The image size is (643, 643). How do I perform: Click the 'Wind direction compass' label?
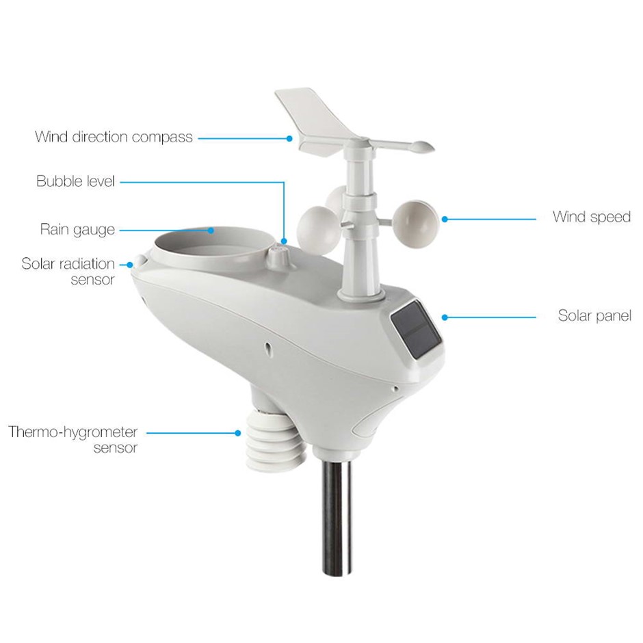[x=114, y=137]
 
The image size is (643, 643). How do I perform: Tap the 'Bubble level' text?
[x=75, y=181]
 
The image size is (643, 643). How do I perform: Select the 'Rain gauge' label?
[x=77, y=230]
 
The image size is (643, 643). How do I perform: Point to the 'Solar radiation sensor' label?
[x=68, y=271]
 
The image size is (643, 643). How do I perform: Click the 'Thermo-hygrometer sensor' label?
[x=73, y=439]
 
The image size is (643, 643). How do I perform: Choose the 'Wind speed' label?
[x=591, y=217]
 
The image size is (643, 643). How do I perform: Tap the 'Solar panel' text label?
[x=594, y=315]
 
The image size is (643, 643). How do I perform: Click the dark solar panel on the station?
[x=416, y=330]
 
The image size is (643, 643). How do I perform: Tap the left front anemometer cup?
[x=319, y=228]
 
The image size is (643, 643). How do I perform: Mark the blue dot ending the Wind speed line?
[x=445, y=220]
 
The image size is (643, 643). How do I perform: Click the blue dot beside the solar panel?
[x=445, y=317]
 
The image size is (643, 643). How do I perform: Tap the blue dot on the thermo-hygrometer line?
[x=238, y=433]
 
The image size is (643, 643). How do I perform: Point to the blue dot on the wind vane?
[x=289, y=139]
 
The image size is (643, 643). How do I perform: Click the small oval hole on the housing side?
[x=267, y=348]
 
